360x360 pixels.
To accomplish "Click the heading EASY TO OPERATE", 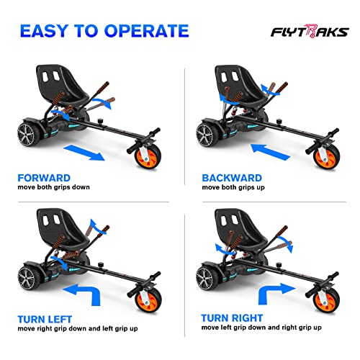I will [x=104, y=30].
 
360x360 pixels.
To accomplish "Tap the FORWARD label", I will [x=45, y=177].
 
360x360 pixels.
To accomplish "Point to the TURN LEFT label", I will [x=48, y=318].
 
